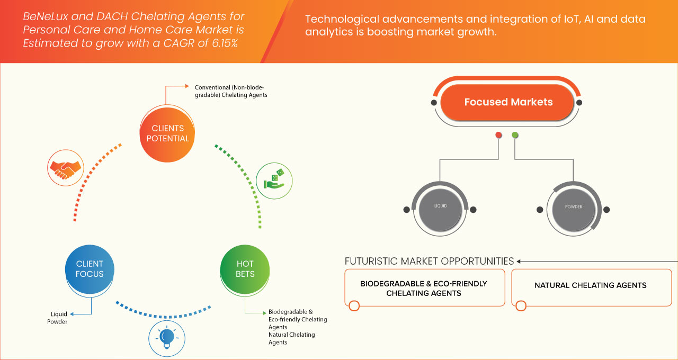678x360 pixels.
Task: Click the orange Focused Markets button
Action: pyautogui.click(x=508, y=102)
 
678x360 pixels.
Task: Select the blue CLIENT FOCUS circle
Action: pyautogui.click(x=90, y=268)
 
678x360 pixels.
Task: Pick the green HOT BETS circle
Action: pyautogui.click(x=245, y=268)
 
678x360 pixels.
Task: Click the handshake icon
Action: pyautogui.click(x=65, y=168)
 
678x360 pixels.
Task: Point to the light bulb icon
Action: pyautogui.click(x=167, y=337)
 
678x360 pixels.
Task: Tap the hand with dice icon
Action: pyautogui.click(x=274, y=180)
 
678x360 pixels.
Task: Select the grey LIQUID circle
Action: pyautogui.click(x=441, y=206)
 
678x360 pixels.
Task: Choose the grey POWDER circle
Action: pyautogui.click(x=573, y=206)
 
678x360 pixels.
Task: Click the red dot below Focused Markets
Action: pyautogui.click(x=498, y=136)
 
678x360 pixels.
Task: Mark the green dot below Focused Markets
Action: pyautogui.click(x=515, y=136)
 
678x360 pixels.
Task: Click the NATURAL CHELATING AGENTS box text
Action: pyautogui.click(x=590, y=285)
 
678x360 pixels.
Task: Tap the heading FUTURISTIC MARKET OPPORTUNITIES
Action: pyautogui.click(x=429, y=261)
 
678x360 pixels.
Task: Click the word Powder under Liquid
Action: pyautogui.click(x=57, y=321)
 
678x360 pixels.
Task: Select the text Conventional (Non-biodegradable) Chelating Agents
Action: pyautogui.click(x=231, y=91)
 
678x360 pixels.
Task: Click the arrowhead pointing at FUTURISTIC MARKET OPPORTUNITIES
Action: pyautogui.click(x=520, y=261)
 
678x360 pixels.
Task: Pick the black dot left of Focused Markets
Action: pyautogui.click(x=434, y=102)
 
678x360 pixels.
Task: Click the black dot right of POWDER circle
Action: pyautogui.click(x=606, y=210)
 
